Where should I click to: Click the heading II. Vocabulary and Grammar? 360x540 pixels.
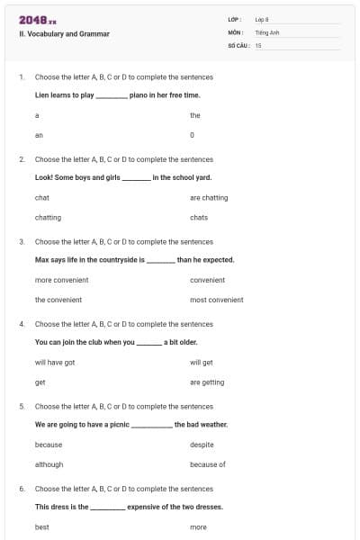tap(64, 34)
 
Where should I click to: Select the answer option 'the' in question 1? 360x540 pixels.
tap(194, 115)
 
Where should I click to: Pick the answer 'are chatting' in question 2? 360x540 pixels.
tap(209, 197)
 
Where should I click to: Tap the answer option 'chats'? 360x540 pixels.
tap(199, 217)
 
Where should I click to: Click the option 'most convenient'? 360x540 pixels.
tap(216, 300)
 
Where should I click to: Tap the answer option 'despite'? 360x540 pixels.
tap(202, 445)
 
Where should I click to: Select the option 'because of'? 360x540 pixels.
tap(207, 464)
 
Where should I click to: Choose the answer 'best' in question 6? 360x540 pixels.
tap(41, 526)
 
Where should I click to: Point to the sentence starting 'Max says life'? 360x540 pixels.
tap(134, 259)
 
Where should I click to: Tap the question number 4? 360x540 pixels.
tap(22, 324)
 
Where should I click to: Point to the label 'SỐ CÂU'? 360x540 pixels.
tap(238, 44)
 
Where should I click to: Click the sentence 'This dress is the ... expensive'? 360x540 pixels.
tap(129, 507)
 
